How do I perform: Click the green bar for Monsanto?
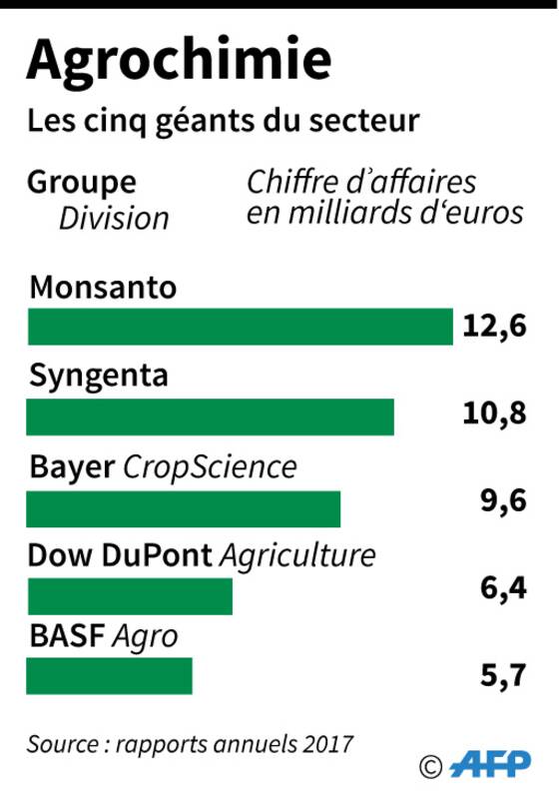point(241,327)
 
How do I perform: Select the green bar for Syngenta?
point(210,416)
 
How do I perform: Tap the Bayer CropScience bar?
point(184,508)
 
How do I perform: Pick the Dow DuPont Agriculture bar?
point(130,596)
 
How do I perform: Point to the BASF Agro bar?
point(109,676)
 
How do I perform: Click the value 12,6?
point(494,327)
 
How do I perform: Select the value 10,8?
point(494,413)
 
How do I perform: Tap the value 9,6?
point(503,500)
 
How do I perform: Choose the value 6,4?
point(503,587)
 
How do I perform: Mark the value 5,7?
point(503,675)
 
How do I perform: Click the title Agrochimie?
point(179,61)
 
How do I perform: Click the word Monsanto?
point(103,288)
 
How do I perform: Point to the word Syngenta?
point(99,377)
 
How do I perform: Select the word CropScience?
point(210,468)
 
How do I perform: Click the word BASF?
point(67,636)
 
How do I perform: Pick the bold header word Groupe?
point(82,184)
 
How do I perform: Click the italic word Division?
point(114,219)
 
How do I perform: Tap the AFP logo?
point(490,764)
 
